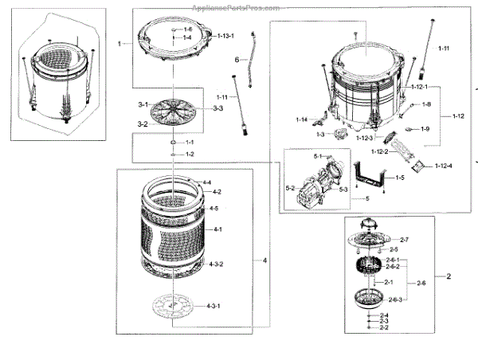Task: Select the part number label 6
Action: tap(237, 60)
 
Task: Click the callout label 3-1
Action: tap(143, 105)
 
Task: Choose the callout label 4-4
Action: tap(206, 183)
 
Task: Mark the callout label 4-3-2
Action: tap(215, 264)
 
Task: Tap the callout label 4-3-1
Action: tap(214, 306)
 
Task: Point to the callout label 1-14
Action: tap(301, 119)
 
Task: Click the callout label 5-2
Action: tap(291, 187)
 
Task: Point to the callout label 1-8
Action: tap(426, 104)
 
